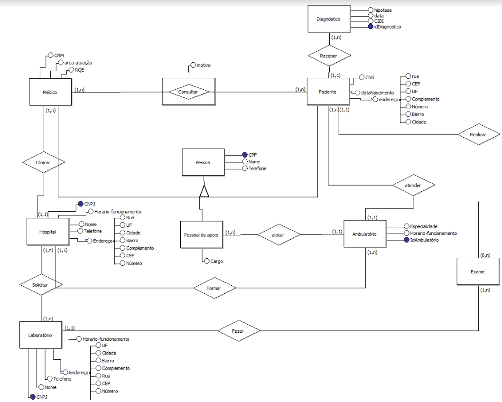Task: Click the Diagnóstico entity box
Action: pos(328,19)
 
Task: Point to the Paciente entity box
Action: pos(328,91)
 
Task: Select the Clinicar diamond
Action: pos(43,162)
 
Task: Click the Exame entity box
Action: pos(478,272)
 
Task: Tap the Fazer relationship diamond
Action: pos(238,329)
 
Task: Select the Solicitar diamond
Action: pos(41,285)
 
